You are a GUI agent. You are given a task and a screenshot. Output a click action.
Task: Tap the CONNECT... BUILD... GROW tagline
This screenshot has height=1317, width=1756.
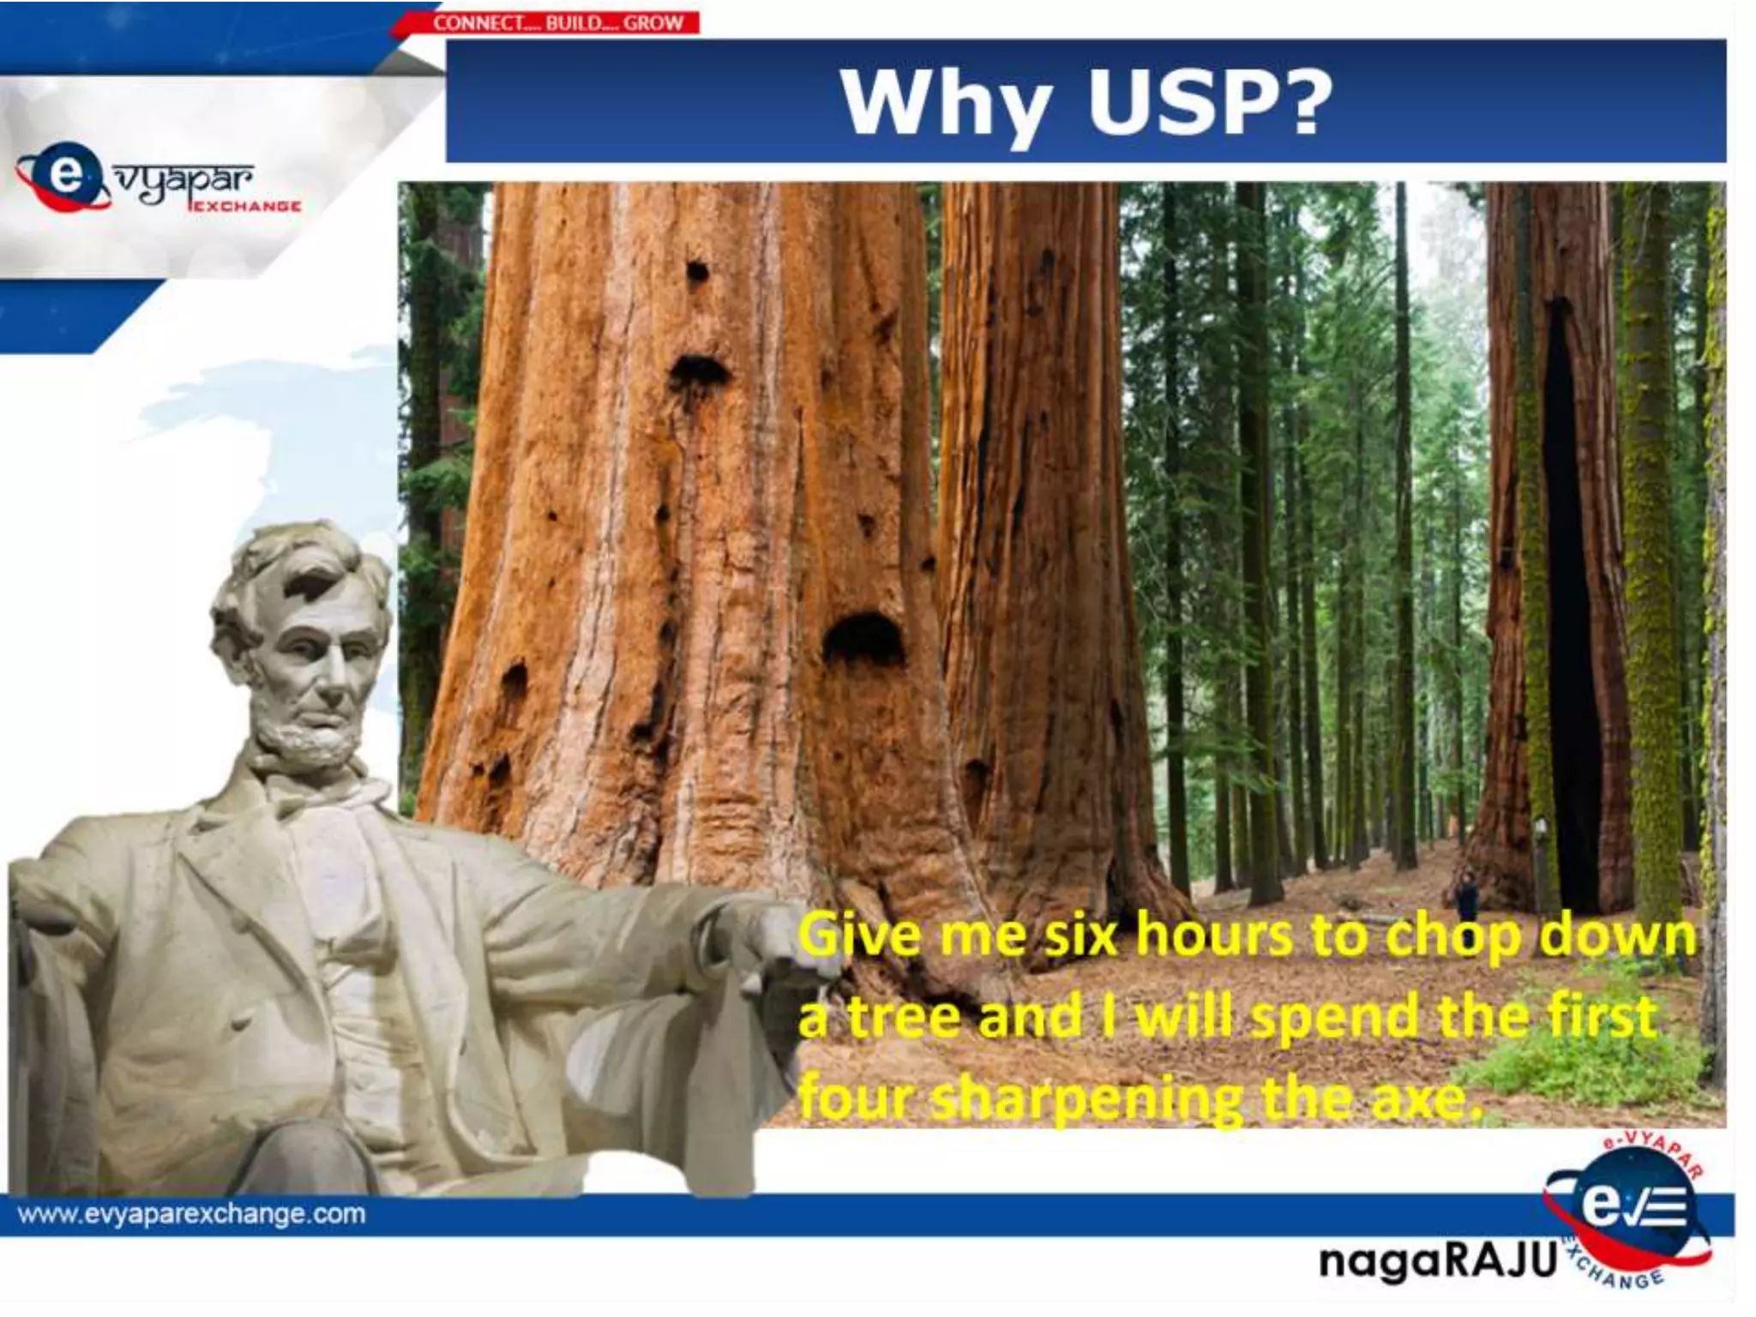(558, 23)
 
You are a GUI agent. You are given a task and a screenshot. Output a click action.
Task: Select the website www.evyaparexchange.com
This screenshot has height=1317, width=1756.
(191, 1214)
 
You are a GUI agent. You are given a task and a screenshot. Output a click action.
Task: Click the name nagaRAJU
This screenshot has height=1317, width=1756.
(1437, 1260)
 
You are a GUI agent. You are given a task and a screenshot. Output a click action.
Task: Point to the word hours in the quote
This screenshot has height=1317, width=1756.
(1213, 935)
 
